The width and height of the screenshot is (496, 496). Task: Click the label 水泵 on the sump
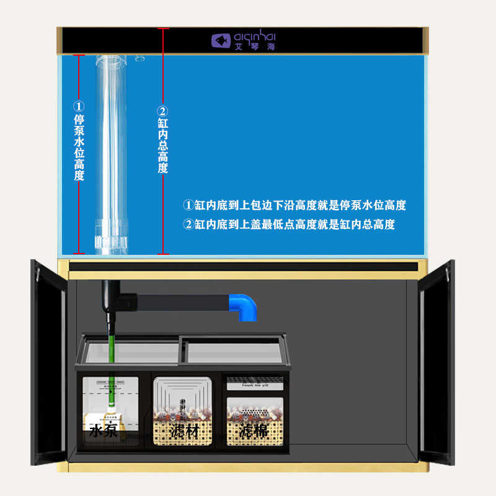pos(104,430)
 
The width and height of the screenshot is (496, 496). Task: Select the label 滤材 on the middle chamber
pos(184,430)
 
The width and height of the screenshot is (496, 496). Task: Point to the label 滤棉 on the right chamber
pos(254,430)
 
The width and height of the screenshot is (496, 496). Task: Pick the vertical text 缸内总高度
pos(162,146)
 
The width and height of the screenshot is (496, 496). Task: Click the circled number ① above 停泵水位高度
pos(79,106)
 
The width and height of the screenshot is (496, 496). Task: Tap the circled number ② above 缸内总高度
pos(162,111)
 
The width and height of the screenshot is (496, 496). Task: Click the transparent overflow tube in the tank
pos(112,143)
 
